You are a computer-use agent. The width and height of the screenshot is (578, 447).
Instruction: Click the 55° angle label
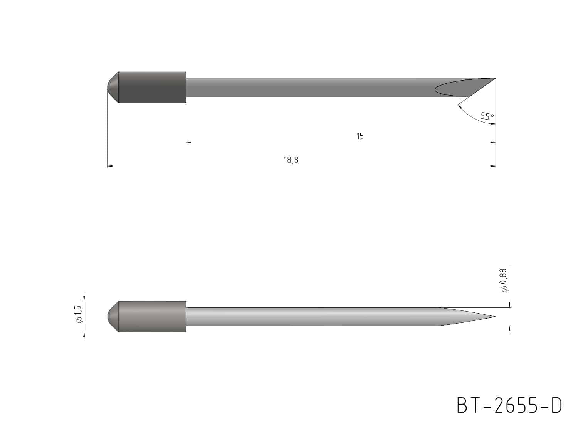tap(487, 116)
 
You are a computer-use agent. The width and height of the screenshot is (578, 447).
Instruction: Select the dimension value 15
tap(360, 136)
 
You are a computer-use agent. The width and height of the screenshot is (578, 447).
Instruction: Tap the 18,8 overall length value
tap(291, 160)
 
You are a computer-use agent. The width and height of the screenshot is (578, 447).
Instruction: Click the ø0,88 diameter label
tap(504, 280)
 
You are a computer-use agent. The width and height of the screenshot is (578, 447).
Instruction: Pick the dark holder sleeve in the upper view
tap(152, 87)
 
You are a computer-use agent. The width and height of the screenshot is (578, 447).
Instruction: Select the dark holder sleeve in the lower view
tap(152, 317)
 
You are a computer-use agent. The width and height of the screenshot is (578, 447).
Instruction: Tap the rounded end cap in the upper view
tap(113, 87)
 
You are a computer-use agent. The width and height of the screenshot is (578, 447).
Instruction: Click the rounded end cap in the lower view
tap(113, 317)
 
